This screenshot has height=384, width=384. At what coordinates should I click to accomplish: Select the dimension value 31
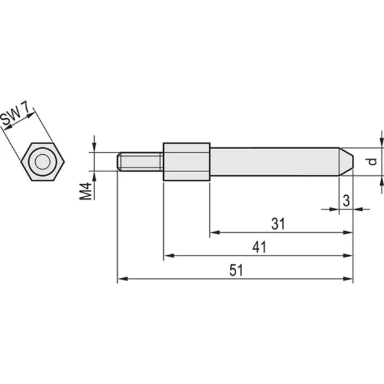[x=277, y=223]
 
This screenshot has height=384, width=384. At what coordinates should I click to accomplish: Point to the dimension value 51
[x=236, y=270]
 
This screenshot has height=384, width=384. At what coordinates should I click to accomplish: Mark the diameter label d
[x=372, y=161]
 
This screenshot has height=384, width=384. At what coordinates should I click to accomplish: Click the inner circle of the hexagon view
[x=42, y=162]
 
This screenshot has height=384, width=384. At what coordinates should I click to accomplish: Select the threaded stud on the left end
[x=141, y=161]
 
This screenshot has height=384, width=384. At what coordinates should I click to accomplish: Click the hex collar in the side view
[x=186, y=161]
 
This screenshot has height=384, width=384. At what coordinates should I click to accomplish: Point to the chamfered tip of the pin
[x=346, y=161]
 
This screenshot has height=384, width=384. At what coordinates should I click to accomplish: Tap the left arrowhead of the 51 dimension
[x=122, y=279]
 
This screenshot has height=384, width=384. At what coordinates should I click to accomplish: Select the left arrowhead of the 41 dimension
[x=168, y=256]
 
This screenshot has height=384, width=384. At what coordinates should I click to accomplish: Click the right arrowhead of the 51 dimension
[x=349, y=279]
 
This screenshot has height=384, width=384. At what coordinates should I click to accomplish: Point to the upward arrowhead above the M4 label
[x=94, y=175]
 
